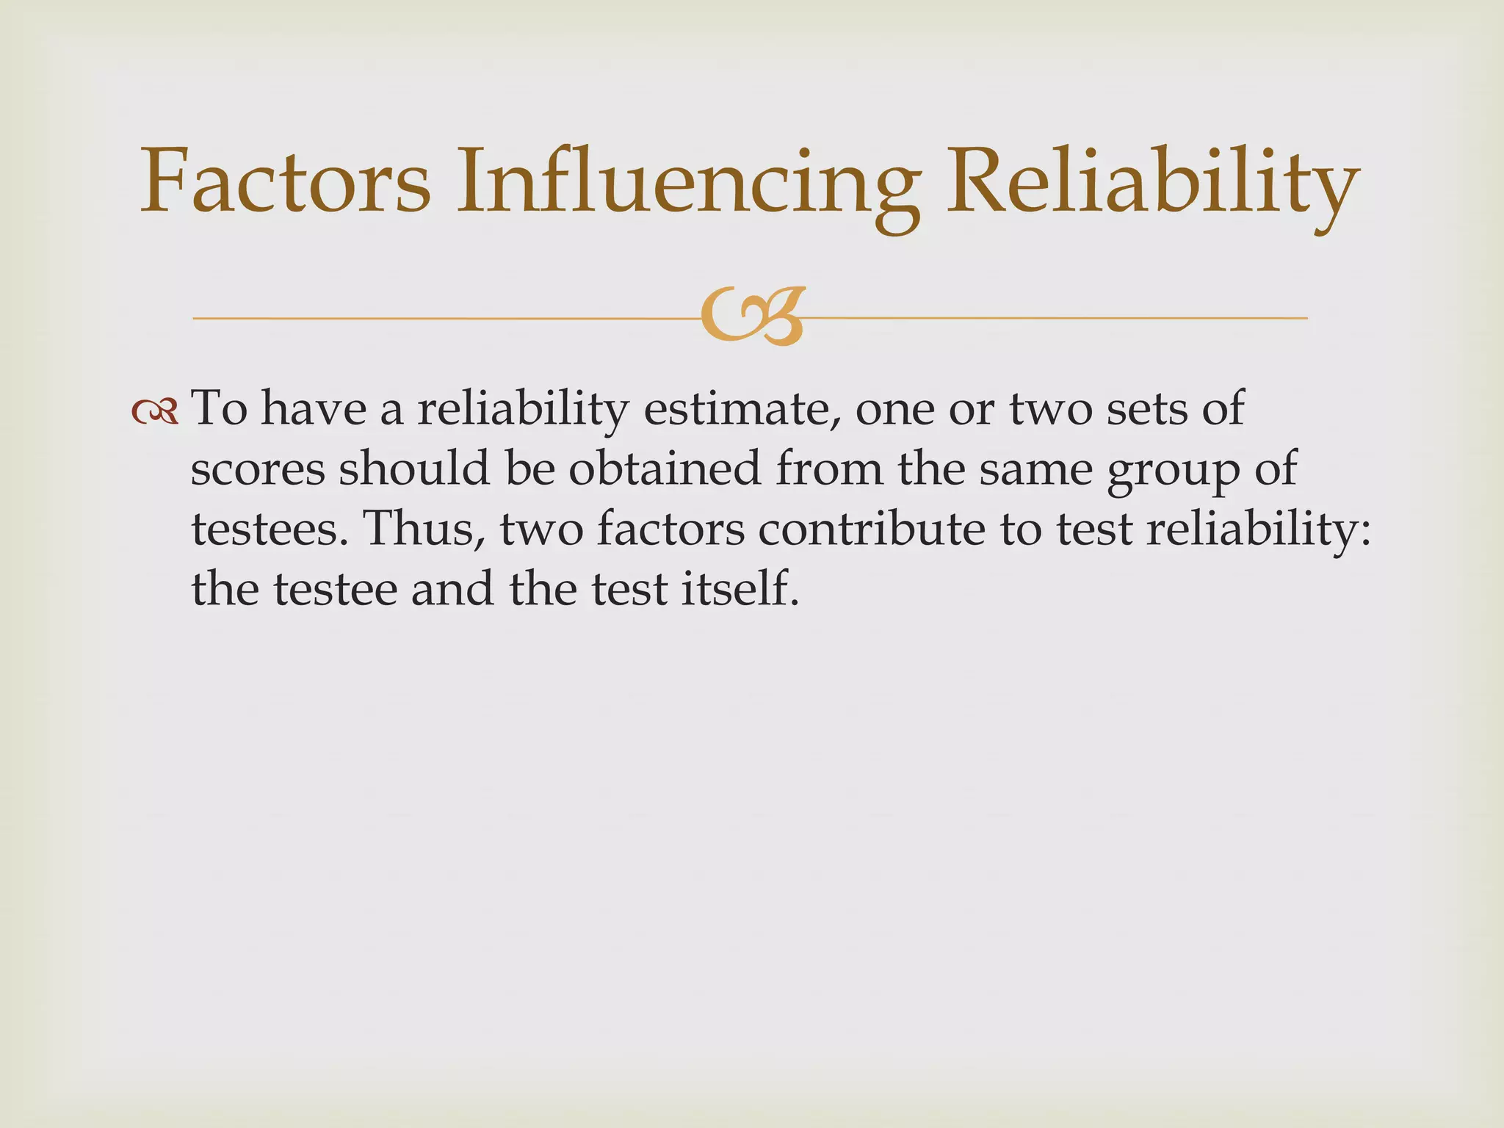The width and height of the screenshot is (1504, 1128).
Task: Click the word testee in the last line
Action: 335,589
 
